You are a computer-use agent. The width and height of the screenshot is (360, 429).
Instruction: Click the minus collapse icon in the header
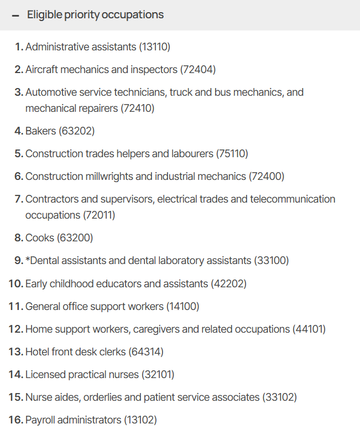[15, 15]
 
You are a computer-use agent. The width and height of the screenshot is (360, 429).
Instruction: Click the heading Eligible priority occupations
[95, 14]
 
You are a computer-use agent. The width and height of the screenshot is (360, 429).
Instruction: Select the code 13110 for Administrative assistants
[155, 47]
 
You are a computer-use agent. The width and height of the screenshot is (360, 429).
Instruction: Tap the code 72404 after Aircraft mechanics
[198, 70]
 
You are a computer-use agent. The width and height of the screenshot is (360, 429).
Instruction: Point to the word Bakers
[40, 131]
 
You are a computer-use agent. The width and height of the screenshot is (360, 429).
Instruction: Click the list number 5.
[18, 154]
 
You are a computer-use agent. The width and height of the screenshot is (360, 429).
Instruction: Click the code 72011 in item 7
[99, 215]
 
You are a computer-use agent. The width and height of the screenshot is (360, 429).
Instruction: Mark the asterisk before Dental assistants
[28, 260]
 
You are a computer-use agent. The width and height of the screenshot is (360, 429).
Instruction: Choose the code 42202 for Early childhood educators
[228, 283]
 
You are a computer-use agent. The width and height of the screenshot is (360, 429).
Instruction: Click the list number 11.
[15, 306]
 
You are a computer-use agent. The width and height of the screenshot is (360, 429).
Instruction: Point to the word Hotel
[38, 352]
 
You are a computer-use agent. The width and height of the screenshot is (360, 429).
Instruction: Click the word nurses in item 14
[123, 374]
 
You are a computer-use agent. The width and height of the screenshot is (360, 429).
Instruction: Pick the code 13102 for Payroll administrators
[140, 420]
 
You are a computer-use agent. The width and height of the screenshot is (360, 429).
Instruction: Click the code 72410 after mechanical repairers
[137, 108]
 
